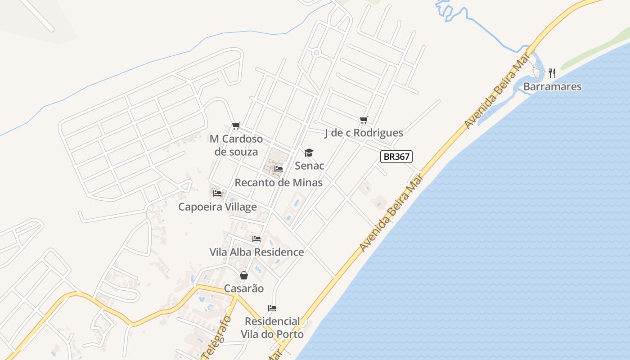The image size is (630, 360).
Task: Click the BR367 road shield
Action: (396, 157)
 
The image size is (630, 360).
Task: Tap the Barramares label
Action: (553, 86)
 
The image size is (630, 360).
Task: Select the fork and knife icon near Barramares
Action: (552, 73)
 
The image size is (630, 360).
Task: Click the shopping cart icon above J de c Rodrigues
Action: (364, 120)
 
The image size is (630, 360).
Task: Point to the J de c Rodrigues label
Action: (364, 133)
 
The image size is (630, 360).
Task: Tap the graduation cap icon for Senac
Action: (309, 153)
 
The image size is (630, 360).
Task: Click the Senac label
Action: (310, 166)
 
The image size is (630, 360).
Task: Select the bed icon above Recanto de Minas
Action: (279, 169)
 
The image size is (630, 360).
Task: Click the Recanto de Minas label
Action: (279, 182)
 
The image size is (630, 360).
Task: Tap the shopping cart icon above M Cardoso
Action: (236, 126)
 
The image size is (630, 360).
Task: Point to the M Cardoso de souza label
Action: (236, 145)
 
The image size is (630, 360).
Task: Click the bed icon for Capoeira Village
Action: (217, 193)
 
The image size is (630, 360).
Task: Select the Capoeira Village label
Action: (217, 207)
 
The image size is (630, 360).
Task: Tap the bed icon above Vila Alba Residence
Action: (256, 238)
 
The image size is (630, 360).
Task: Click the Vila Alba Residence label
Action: (256, 252)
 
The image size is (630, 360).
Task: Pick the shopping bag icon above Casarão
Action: (244, 275)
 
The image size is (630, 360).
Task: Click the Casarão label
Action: (244, 288)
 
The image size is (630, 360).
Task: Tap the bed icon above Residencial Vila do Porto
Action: (272, 308)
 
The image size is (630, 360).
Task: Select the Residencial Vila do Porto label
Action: (272, 328)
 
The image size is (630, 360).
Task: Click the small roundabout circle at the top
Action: (316, 53)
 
